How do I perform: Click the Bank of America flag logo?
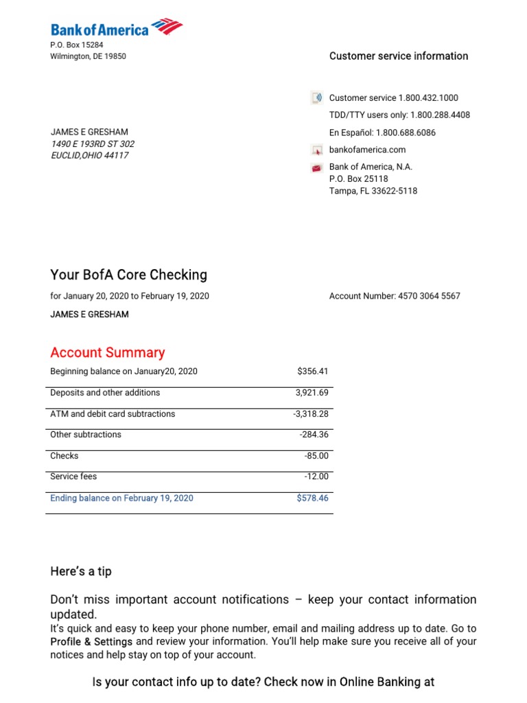[x=167, y=27]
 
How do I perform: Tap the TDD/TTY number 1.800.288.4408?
[x=440, y=115]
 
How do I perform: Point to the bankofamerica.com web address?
[x=367, y=150]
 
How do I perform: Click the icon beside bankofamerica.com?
[x=317, y=150]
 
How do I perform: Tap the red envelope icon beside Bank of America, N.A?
[x=317, y=168]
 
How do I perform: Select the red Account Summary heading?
[x=107, y=353]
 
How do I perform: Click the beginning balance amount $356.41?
[x=313, y=371]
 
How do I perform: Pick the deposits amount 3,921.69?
[x=312, y=393]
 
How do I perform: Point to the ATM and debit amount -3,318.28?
[x=311, y=414]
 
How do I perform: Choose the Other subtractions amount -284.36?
[x=314, y=435]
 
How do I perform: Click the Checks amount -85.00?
[x=317, y=456]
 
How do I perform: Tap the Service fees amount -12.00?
[x=317, y=476]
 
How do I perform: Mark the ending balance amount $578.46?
[x=312, y=498]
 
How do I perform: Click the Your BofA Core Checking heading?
[x=128, y=275]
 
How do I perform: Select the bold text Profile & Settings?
[x=92, y=642]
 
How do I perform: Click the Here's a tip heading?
[x=81, y=571]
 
